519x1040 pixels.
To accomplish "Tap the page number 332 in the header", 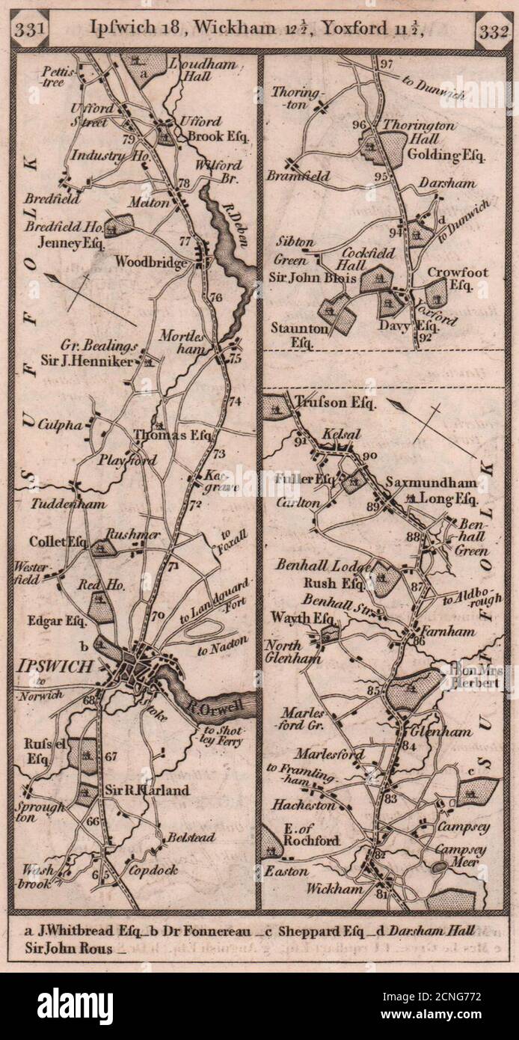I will point(491,31).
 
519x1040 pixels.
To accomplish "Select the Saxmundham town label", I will point(423,483).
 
